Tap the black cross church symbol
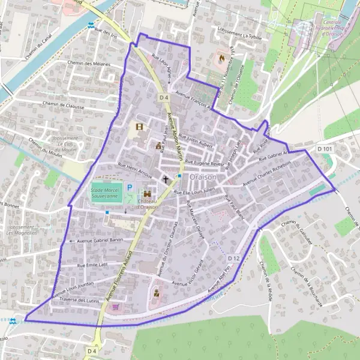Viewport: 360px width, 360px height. pos(166,179)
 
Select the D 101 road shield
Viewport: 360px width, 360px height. pos(325,148)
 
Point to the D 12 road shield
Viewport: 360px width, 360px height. pos(234,258)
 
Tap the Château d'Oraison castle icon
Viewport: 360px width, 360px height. pos(146,194)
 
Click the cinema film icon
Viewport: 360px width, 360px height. pos(140,127)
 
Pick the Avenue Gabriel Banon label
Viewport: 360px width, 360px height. pos(100,241)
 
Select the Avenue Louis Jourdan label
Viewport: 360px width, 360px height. pos(75,288)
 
